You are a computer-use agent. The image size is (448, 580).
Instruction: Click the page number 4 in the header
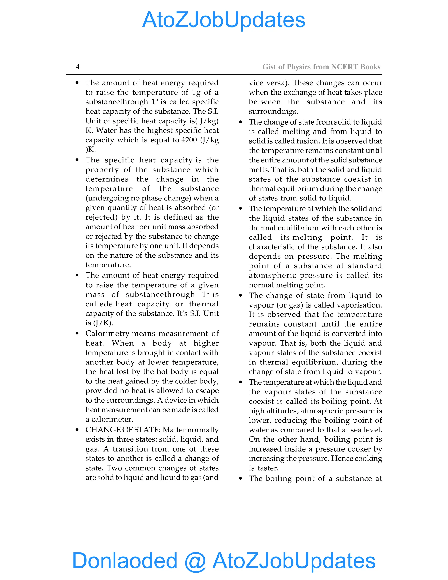click(77, 67)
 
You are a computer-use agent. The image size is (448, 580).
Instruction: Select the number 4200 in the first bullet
click(189, 140)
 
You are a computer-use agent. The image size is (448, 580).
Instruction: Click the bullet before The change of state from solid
click(240, 122)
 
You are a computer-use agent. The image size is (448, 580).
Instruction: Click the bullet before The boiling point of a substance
click(240, 478)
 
